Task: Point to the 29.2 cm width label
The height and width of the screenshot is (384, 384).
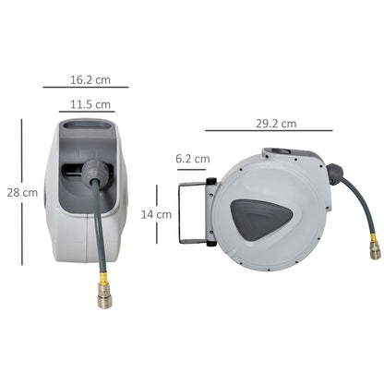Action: tap(276, 123)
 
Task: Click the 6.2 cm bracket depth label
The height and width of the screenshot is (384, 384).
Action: tap(192, 159)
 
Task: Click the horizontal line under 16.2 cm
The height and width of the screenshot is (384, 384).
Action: tap(85, 87)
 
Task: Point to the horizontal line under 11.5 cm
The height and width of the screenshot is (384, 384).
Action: tap(87, 112)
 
